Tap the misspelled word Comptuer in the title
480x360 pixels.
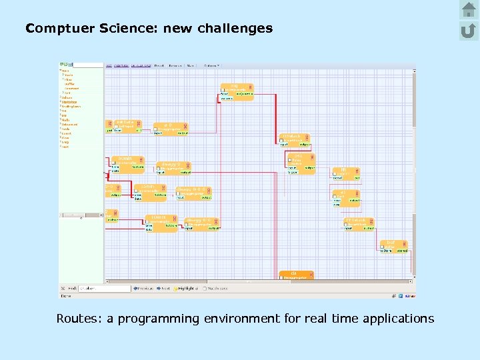click(x=54, y=29)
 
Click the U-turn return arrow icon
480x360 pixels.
click(x=469, y=30)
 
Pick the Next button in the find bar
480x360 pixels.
click(x=163, y=289)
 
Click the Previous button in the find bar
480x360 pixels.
click(x=144, y=289)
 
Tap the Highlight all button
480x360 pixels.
click(x=187, y=289)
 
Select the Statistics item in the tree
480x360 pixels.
click(x=69, y=102)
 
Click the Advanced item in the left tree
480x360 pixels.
click(x=70, y=124)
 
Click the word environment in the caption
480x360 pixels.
click(x=241, y=319)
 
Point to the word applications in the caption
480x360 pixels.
click(x=398, y=319)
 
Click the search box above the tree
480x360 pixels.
click(x=86, y=65)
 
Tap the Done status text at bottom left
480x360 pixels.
click(x=66, y=295)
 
